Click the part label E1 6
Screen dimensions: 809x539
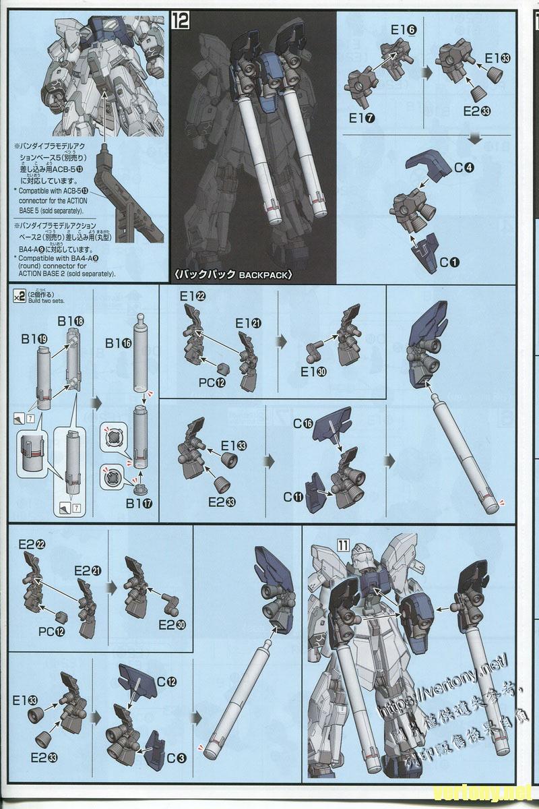tap(402, 30)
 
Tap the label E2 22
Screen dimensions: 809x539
tap(30, 544)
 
